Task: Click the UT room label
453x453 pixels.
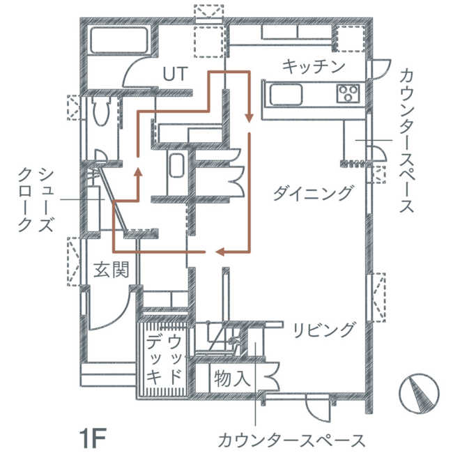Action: tap(176, 74)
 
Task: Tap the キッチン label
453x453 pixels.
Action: tap(314, 67)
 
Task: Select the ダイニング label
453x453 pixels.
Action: tap(313, 192)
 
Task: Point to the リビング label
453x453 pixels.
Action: tap(323, 330)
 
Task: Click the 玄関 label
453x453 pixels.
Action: tap(112, 270)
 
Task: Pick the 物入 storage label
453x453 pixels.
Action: tap(232, 378)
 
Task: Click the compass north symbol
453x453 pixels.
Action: tap(419, 394)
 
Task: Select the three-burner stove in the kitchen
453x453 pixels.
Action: tap(348, 93)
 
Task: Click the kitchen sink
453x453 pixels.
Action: tap(286, 95)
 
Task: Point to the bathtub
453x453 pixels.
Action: tap(119, 40)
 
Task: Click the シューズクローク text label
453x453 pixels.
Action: tap(36, 200)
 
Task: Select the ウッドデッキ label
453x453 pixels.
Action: tap(164, 360)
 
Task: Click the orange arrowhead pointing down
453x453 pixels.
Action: tap(249, 118)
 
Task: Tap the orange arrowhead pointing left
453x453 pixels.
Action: tap(220, 252)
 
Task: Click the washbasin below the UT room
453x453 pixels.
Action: tap(176, 165)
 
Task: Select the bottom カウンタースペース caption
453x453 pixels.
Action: tap(291, 440)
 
